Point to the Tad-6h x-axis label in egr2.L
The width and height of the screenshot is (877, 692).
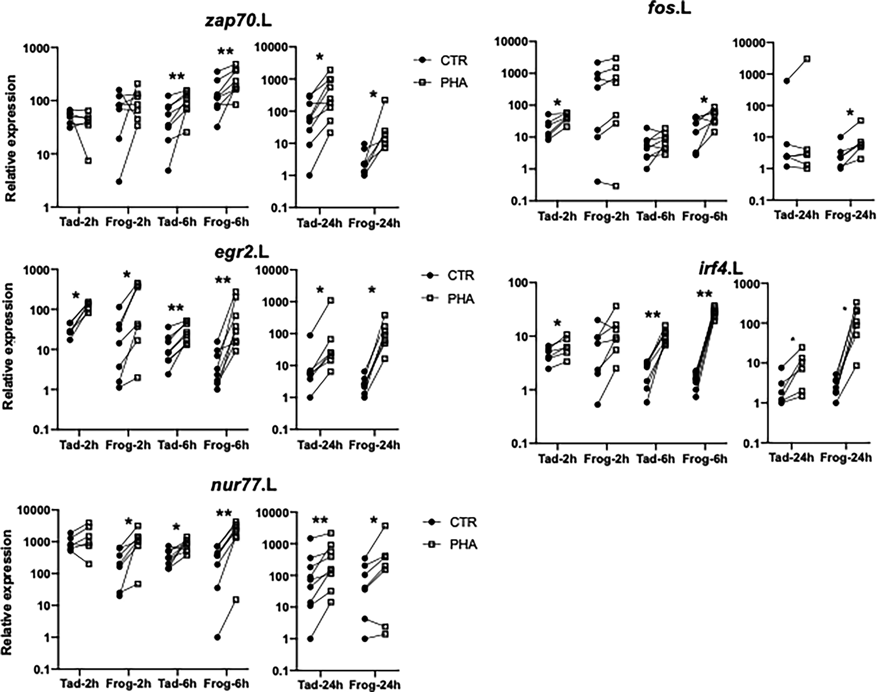click(x=177, y=445)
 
